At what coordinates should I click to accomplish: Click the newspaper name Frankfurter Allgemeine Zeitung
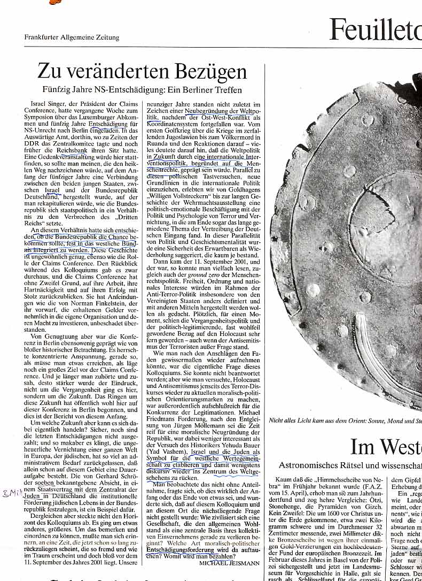pos(72,37)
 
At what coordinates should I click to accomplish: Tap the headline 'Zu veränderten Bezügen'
pos(143,72)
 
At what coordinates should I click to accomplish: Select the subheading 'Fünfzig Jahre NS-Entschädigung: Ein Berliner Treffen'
pos(142,90)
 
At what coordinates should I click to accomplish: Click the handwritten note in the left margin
pos(11,493)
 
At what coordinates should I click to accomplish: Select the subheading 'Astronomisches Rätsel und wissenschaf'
pos(350,466)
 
